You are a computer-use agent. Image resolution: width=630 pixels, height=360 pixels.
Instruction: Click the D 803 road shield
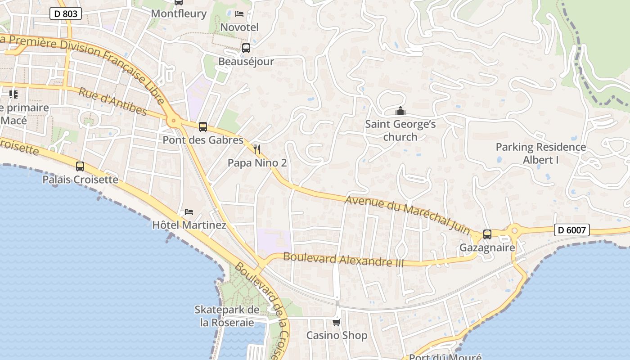66,14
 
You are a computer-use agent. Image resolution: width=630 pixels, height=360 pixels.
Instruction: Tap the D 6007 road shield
571,230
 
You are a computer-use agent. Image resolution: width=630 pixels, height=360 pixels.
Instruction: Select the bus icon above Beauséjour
246,48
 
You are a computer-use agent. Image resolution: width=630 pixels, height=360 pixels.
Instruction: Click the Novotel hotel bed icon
239,14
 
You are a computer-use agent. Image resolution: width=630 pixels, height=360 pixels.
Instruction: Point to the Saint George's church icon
400,111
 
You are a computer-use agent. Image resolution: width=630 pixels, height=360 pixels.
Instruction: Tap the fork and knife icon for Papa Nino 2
257,149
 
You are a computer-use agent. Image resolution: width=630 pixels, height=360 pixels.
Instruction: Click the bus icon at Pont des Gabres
203,127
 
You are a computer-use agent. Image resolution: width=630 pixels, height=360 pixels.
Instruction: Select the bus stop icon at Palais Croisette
80,166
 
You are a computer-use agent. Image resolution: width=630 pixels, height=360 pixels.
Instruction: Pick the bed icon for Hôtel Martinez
189,211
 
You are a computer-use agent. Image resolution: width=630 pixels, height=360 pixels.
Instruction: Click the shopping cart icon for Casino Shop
336,322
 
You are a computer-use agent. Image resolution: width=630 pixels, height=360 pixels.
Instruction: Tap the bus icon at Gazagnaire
487,234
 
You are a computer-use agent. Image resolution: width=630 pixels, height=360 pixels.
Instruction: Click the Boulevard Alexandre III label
343,260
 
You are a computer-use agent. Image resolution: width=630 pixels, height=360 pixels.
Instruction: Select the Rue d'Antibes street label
112,101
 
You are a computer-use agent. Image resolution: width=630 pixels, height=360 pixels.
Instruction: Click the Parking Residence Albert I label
540,153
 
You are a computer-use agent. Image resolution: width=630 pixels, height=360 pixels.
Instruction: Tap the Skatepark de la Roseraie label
227,316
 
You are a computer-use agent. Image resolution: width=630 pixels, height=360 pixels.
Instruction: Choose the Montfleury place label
179,13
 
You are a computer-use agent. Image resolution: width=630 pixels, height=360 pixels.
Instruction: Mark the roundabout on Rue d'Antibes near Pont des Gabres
173,121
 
